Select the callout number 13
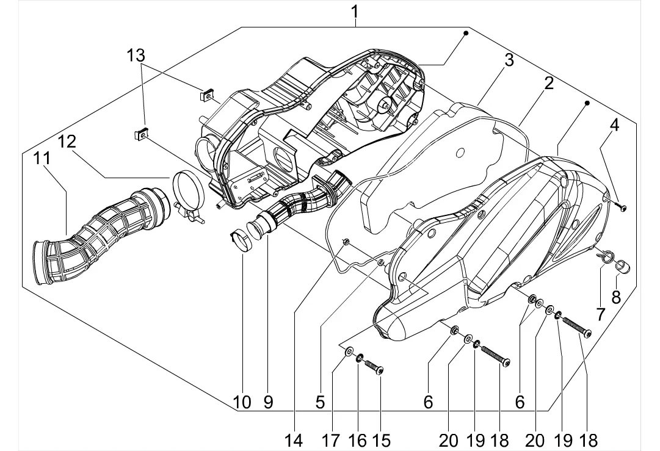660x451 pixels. click(x=136, y=55)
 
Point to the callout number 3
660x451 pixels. click(x=508, y=60)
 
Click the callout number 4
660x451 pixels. click(x=614, y=126)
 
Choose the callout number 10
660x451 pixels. click(x=241, y=402)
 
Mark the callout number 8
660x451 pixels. click(x=615, y=297)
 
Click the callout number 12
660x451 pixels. click(x=67, y=142)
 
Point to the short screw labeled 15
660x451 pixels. click(x=372, y=366)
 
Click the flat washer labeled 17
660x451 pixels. click(x=349, y=351)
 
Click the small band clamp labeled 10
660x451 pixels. click(x=242, y=239)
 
